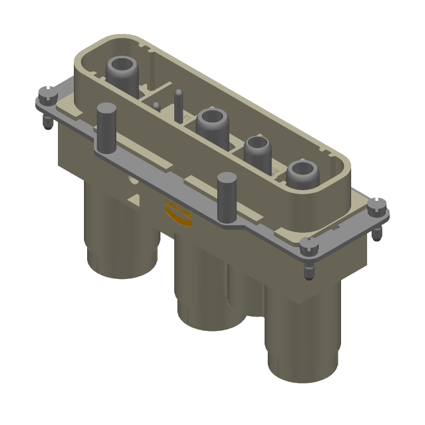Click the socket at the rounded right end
[302, 171]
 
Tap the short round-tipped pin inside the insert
[156, 106]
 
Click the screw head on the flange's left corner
[48, 96]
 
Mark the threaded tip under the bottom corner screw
[309, 272]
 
